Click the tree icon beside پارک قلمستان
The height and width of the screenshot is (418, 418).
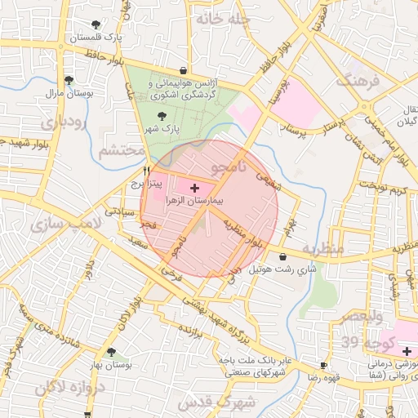click(x=97, y=24)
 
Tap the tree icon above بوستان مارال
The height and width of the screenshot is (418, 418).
click(x=69, y=80)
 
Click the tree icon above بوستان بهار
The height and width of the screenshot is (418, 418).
click(x=111, y=352)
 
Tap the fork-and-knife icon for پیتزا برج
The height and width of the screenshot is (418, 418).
click(x=147, y=171)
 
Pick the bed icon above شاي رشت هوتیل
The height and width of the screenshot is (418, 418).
click(x=282, y=257)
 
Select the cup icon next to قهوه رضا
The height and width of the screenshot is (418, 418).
click(x=324, y=364)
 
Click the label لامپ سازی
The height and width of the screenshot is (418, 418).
click(x=64, y=223)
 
